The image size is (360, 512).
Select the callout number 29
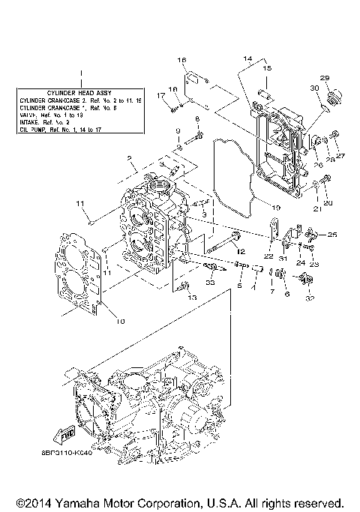pyautogui.click(x=325, y=78)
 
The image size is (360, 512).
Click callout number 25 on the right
pyautogui.click(x=332, y=235)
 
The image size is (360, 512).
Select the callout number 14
pyautogui.click(x=247, y=58)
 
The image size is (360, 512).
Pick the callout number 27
pyautogui.click(x=341, y=156)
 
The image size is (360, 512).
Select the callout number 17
pyautogui.click(x=160, y=94)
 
